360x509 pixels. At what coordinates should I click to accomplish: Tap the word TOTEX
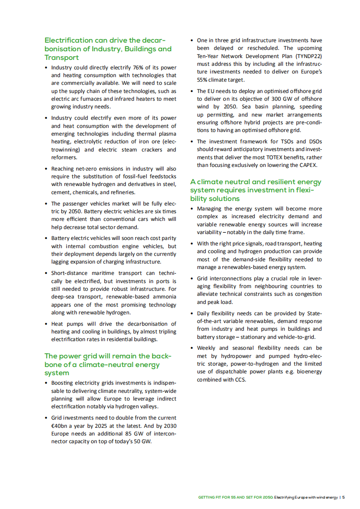(x=275, y=157)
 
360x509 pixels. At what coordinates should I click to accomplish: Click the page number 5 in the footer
(x=344, y=498)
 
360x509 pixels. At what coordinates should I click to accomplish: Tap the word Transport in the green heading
(x=62, y=58)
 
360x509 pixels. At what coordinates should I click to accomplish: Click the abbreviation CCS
(x=239, y=380)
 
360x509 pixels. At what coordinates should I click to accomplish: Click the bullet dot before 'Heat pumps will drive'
(x=46, y=324)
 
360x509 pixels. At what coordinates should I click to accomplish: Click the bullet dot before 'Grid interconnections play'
(x=192, y=279)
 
